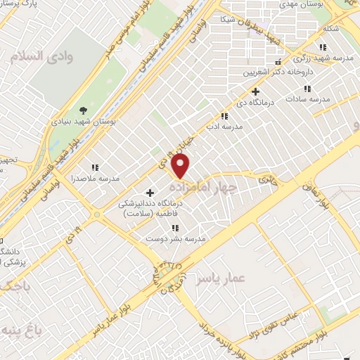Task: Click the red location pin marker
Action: click(181, 166)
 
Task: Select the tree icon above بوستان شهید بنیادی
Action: click(84, 110)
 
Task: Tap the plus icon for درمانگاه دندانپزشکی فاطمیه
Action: click(150, 193)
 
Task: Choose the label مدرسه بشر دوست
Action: click(175, 239)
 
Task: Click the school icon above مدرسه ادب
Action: click(224, 116)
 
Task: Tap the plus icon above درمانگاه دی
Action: click(256, 91)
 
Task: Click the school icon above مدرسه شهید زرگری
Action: click(323, 47)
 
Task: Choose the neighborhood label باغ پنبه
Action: click(18, 330)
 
